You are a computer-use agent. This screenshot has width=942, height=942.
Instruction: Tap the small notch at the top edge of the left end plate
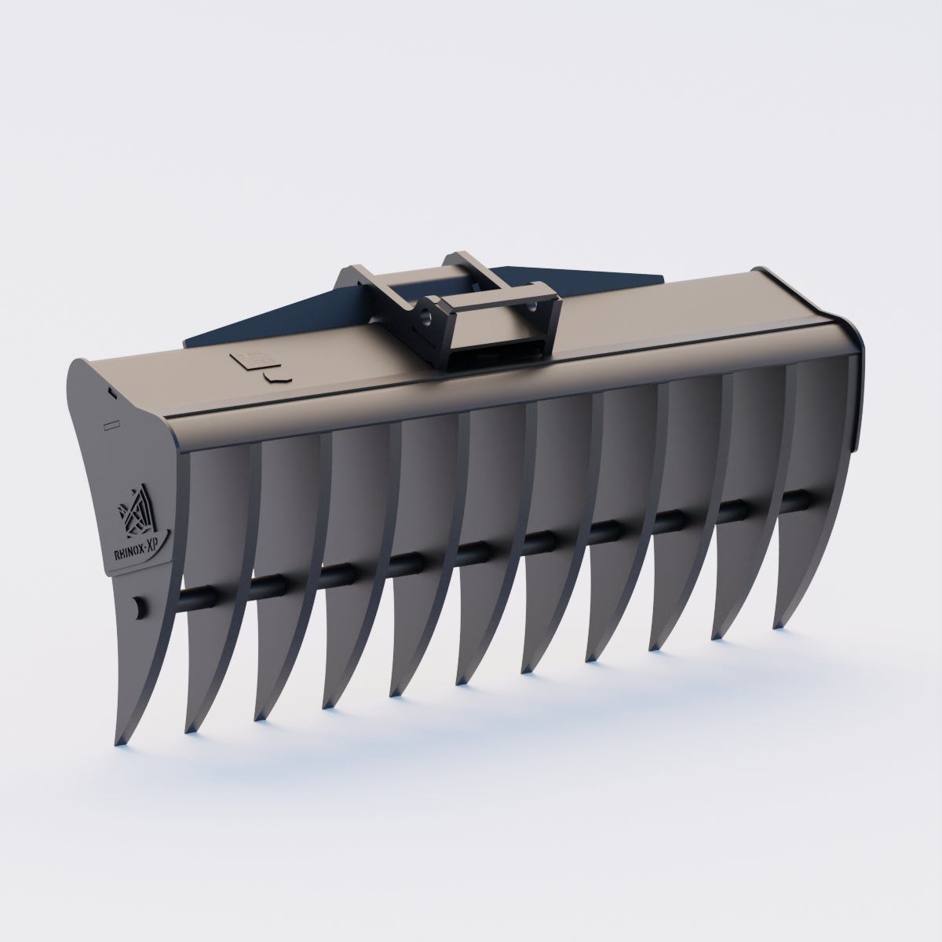tap(111, 390)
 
